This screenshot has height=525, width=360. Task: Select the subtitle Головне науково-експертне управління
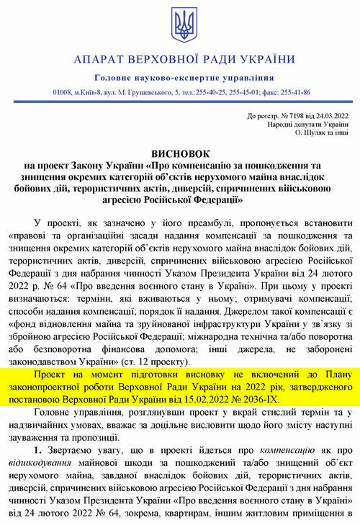(x=180, y=77)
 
